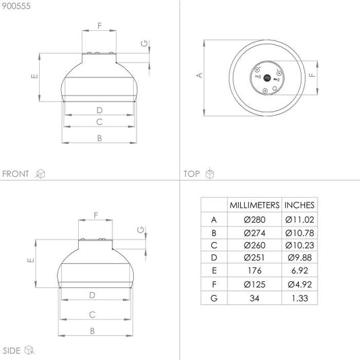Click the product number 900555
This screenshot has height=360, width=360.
16,6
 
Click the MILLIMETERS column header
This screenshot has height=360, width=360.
254,205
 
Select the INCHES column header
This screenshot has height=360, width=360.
299,205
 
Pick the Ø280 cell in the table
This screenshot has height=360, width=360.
254,220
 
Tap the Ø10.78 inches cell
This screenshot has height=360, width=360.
299,233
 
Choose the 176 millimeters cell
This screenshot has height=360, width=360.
254,271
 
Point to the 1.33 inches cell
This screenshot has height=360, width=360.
299,298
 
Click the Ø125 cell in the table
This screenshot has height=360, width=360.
254,285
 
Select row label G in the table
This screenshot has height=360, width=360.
214,298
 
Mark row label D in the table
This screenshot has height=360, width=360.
214,258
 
